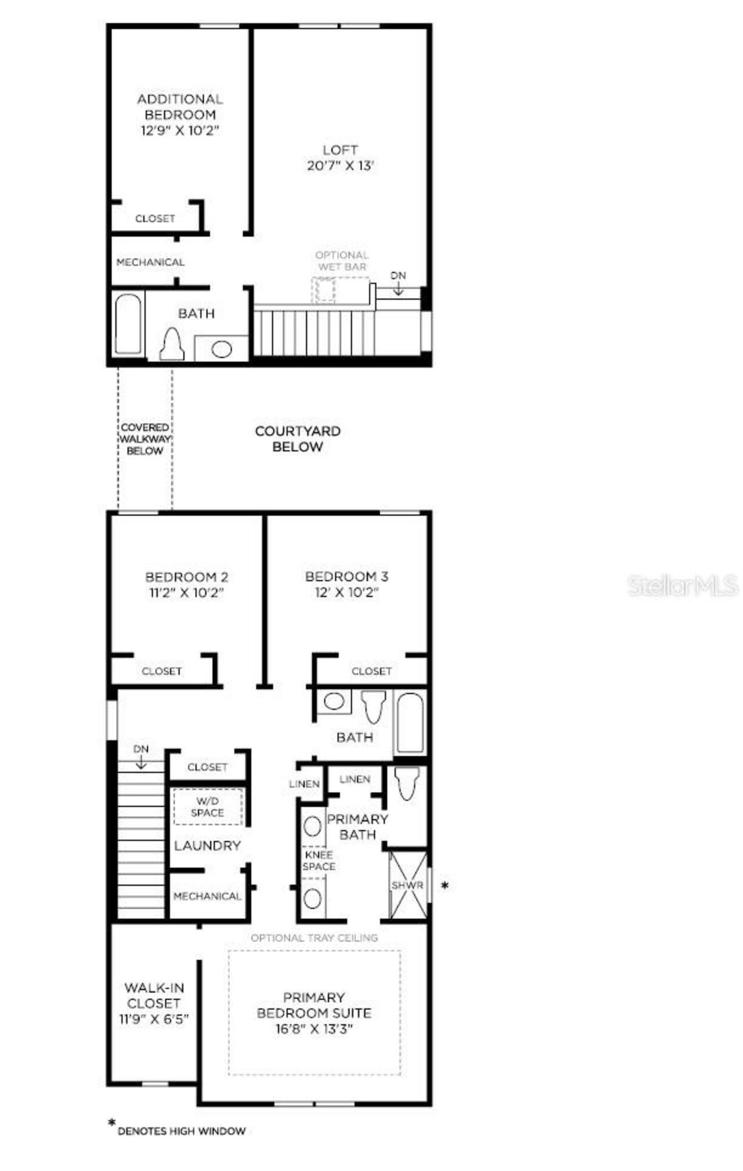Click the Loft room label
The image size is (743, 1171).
click(340, 150)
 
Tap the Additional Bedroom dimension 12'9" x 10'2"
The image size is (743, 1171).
click(180, 131)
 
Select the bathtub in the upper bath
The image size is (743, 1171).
click(128, 324)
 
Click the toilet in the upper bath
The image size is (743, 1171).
click(172, 344)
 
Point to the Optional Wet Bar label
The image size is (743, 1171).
click(342, 261)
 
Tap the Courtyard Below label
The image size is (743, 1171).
click(298, 439)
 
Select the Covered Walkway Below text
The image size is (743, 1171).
click(145, 439)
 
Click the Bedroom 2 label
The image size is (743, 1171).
click(186, 577)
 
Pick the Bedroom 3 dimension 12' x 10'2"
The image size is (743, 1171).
click(347, 592)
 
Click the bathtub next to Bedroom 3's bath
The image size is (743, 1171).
click(410, 722)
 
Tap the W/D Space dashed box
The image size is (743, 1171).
click(208, 807)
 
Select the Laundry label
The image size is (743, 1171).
click(207, 845)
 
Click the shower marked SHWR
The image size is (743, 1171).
click(407, 885)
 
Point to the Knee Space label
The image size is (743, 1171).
click(319, 861)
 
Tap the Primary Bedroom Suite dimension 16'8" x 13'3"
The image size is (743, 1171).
click(314, 1029)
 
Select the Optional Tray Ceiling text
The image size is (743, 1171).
click(314, 938)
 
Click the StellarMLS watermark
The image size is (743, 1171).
click(683, 585)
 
